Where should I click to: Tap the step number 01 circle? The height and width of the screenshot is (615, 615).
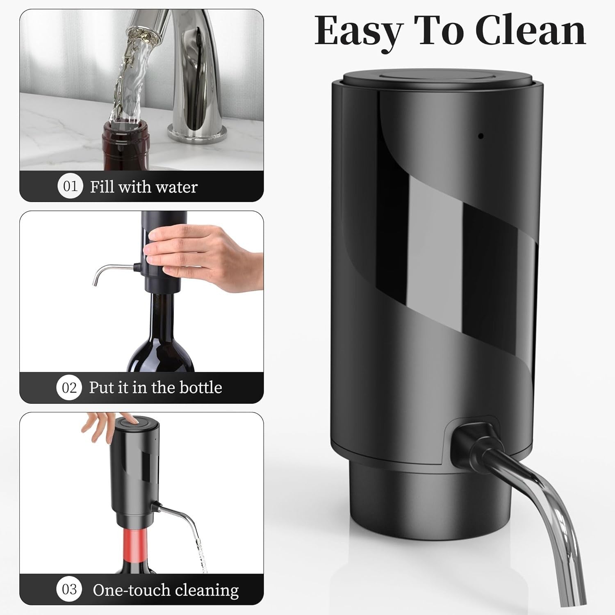pyautogui.click(x=70, y=187)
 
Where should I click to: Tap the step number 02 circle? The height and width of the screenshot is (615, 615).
pyautogui.click(x=69, y=387)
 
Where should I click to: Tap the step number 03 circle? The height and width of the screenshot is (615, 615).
pyautogui.click(x=69, y=590)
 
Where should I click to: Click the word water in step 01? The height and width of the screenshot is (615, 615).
pyautogui.click(x=177, y=187)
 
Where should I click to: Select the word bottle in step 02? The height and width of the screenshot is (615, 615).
pyautogui.click(x=200, y=387)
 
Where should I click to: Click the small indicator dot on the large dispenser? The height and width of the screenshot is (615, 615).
pyautogui.click(x=481, y=136)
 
